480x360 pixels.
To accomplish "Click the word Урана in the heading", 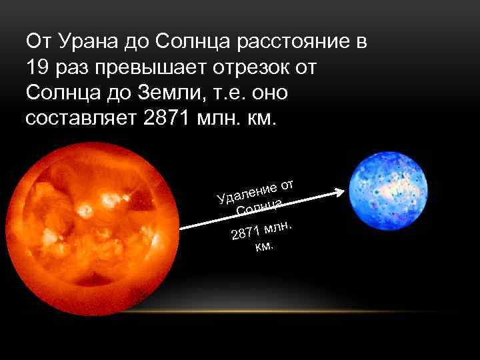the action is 88,42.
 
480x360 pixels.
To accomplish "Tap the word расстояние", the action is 293,42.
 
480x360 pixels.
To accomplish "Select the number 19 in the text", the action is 37,67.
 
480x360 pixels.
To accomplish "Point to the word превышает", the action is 150,68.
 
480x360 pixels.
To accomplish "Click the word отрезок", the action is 251,68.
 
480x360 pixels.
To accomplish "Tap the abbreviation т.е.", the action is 226,93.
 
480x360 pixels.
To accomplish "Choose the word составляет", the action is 81,119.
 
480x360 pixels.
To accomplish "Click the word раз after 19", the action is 72,68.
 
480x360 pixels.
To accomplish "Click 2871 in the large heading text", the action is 165,118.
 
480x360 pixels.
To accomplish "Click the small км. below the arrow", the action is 264,246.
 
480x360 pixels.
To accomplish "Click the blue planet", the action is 388,191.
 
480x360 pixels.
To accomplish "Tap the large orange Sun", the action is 93,229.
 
